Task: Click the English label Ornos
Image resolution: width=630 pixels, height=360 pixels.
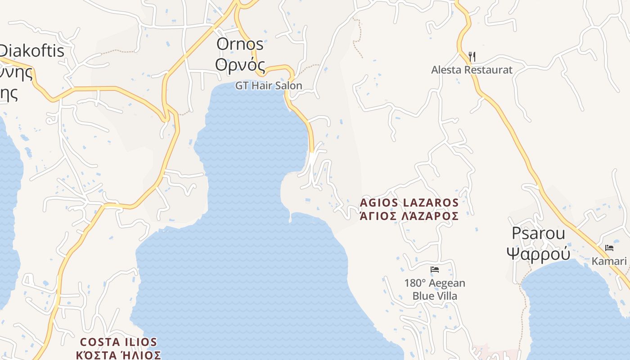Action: [240, 44]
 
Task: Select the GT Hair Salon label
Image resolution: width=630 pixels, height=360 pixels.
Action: [269, 85]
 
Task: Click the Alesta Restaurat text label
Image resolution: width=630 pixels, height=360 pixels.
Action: [472, 70]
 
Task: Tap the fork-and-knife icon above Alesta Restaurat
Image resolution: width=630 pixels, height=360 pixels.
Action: [472, 57]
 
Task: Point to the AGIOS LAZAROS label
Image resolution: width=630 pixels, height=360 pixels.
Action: [409, 203]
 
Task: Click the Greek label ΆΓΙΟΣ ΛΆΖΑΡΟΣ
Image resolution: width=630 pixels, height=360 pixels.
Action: [409, 216]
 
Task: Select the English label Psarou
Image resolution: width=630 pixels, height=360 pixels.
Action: [538, 234]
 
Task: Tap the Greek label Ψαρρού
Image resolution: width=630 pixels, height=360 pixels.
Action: [538, 253]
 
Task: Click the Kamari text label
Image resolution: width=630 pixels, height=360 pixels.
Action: [609, 261]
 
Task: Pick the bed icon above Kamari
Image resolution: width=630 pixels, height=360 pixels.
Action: [609, 248]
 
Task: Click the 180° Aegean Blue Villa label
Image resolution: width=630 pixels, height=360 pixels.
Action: [435, 289]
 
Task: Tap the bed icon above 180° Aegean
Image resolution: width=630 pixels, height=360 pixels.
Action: [435, 270]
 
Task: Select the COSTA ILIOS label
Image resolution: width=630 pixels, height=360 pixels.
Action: [118, 342]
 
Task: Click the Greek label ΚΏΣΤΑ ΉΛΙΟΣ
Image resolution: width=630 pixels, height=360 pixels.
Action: [118, 355]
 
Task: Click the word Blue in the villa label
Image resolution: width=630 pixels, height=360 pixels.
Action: [423, 296]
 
